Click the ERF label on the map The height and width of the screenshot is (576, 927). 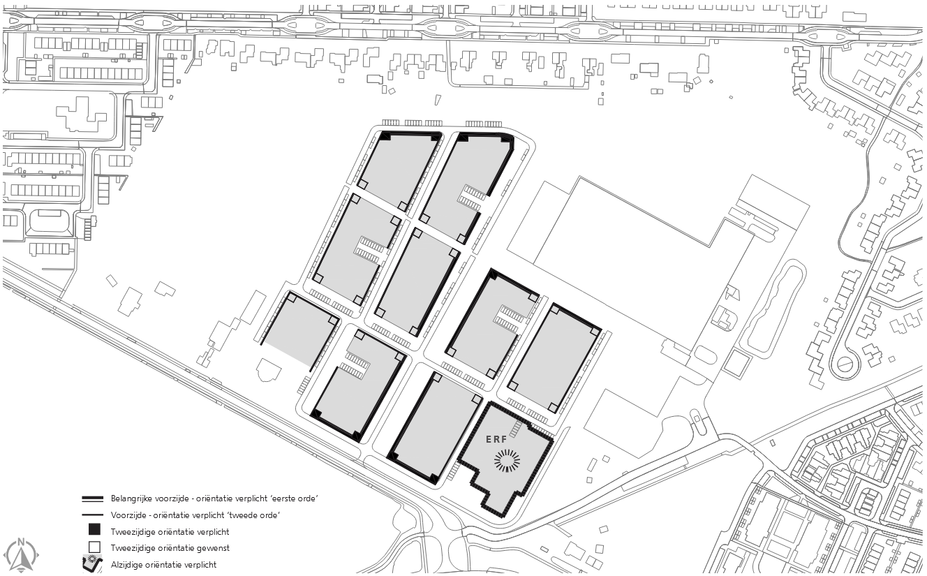coord(496,439)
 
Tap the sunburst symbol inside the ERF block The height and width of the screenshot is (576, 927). coord(507,461)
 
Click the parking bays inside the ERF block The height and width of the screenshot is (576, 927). coord(516,429)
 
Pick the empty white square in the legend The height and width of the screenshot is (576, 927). coord(94,547)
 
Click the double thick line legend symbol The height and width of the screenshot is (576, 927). coord(93,499)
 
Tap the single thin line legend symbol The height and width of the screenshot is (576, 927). coord(93,515)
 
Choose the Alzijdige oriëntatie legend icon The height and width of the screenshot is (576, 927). coord(93,563)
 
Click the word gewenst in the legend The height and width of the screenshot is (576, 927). coord(214,548)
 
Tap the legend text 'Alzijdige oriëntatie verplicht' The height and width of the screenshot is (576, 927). coord(163,564)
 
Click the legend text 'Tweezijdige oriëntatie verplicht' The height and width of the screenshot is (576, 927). coord(170,532)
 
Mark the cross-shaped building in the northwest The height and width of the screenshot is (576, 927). coord(82,115)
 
